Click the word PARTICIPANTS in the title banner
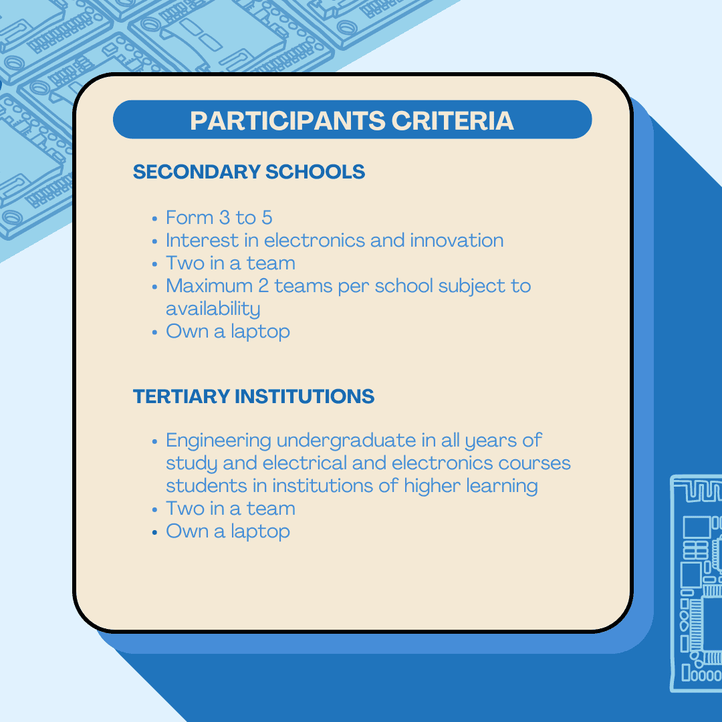[287, 120]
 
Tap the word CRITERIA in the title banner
[453, 120]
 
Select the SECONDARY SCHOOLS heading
[249, 172]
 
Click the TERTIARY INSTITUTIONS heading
[254, 396]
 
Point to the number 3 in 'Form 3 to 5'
[224, 218]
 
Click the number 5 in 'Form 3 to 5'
[267, 218]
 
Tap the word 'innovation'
[457, 241]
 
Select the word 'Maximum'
[209, 286]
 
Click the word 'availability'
[213, 309]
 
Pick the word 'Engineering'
[218, 441]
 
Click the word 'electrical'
[304, 463]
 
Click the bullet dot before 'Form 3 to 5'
[154, 219]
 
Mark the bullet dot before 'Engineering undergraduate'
[154, 442]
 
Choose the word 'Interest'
[202, 241]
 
